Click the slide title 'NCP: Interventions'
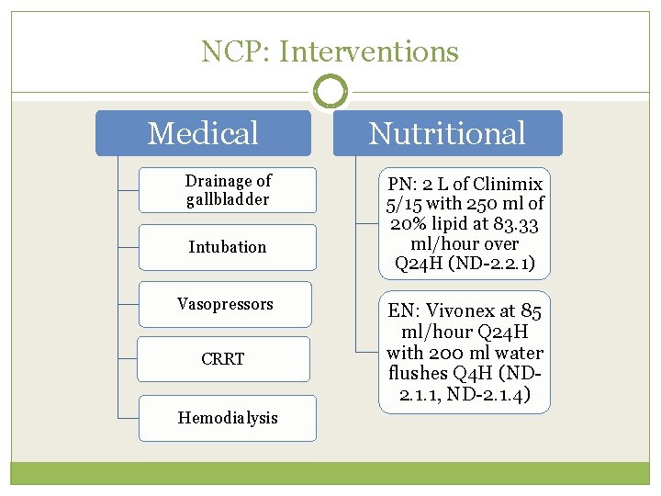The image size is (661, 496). pyautogui.click(x=330, y=51)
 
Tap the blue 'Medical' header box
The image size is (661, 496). pyautogui.click(x=204, y=133)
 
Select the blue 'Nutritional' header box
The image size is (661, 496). pyautogui.click(x=447, y=133)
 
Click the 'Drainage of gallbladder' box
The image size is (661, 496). pyautogui.click(x=228, y=190)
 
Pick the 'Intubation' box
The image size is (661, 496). pyautogui.click(x=228, y=247)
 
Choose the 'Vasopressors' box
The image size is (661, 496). pyautogui.click(x=225, y=304)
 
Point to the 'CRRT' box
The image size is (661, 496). pyautogui.click(x=223, y=359)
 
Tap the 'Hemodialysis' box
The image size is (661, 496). pyautogui.click(x=228, y=418)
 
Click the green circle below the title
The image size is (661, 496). pyautogui.click(x=330, y=92)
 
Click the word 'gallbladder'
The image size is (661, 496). pyautogui.click(x=228, y=199)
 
